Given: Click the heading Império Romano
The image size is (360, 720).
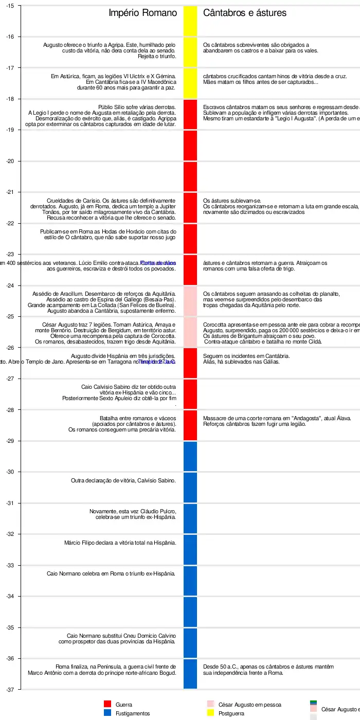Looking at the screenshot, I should (x=142, y=13).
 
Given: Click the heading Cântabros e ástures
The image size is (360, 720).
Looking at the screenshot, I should (x=245, y=13).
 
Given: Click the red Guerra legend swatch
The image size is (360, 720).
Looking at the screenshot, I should (x=107, y=704).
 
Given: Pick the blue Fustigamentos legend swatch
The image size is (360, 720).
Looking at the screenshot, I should (x=107, y=713).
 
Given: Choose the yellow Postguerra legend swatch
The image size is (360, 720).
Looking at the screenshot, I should (x=210, y=713).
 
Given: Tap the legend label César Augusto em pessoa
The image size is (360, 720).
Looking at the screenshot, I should (x=249, y=705).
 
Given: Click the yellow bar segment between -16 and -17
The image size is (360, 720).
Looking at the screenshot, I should (x=190, y=52).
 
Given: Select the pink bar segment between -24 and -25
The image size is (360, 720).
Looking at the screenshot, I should (x=190, y=301).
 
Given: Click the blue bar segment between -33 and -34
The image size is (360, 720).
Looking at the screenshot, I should (x=190, y=581).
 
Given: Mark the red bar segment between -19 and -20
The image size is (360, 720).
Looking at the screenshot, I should (x=190, y=146).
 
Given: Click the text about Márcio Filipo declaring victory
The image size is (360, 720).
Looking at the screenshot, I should (x=120, y=543).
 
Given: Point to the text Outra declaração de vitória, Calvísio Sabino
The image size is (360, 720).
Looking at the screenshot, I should (x=123, y=480).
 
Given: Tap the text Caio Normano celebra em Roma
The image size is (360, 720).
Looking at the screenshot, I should (x=111, y=573).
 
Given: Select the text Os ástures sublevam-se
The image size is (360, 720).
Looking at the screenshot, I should (x=232, y=201).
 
